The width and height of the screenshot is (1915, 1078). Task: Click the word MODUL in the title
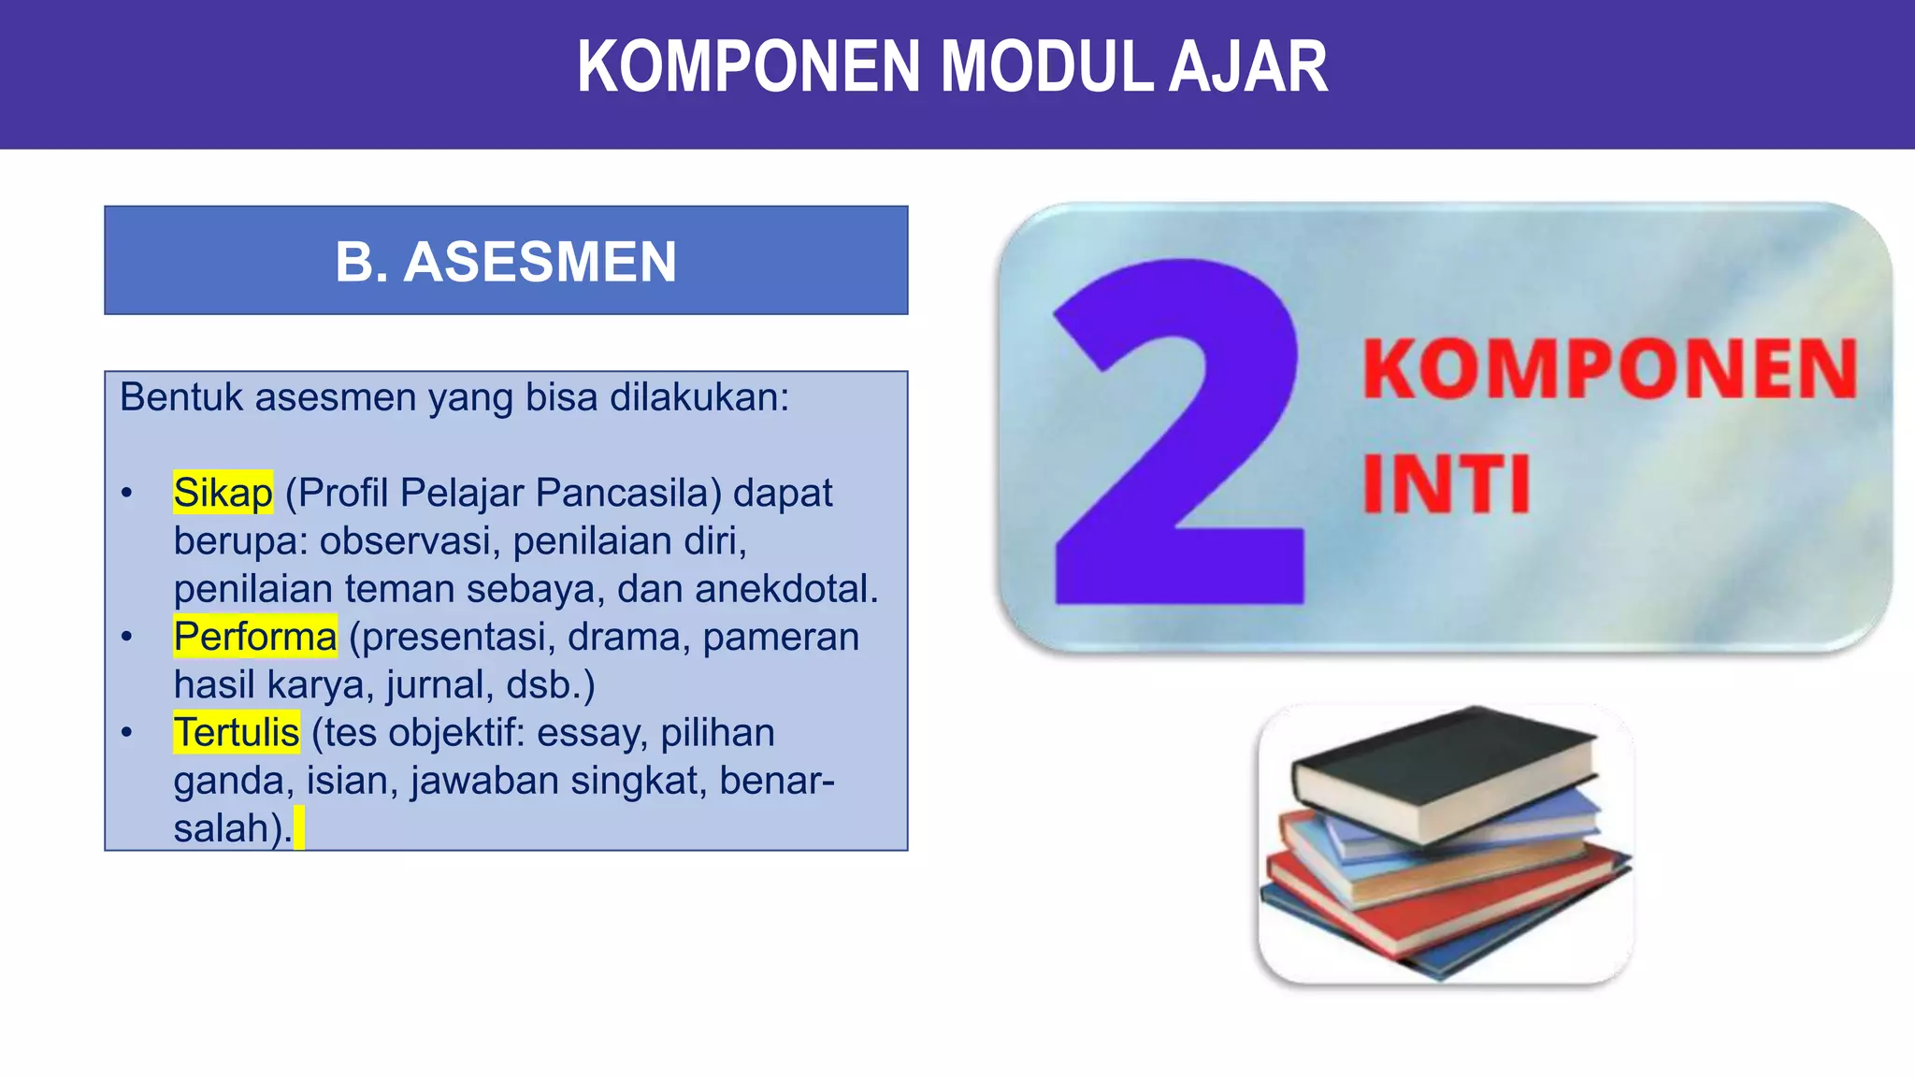[x=1044, y=67]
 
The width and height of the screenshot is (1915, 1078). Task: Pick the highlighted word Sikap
[x=223, y=493]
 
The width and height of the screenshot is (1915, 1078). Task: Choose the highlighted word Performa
[x=254, y=637]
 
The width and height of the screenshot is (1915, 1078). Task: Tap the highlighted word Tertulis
[x=236, y=732]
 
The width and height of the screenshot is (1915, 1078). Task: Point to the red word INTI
[x=1446, y=484]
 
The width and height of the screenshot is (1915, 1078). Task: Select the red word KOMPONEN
[x=1608, y=370]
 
